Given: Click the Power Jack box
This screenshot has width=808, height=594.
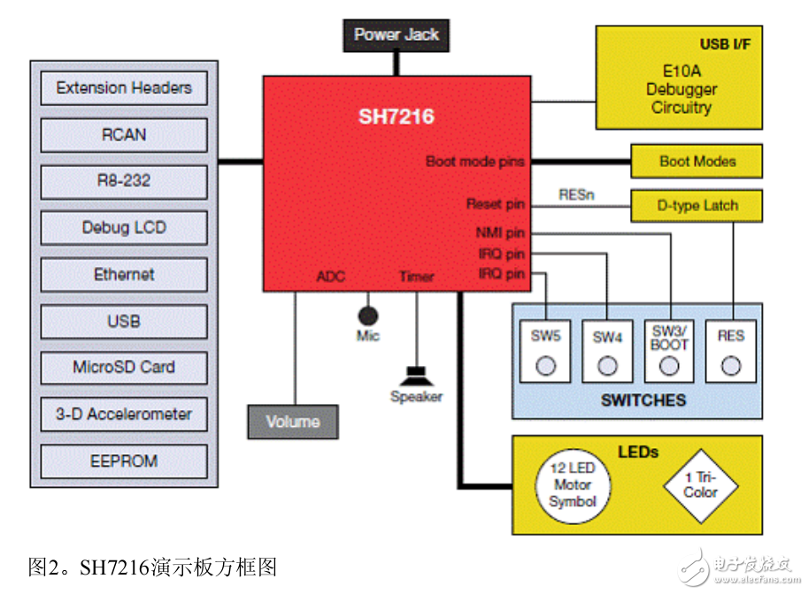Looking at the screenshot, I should (396, 35).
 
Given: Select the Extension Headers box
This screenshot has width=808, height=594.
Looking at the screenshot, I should (124, 88).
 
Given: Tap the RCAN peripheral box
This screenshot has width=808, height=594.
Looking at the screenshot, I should (124, 135).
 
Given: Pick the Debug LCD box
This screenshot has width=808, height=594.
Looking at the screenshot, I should (124, 228).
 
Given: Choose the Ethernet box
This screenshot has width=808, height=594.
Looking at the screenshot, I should (124, 275).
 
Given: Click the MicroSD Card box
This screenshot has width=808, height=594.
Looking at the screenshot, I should (124, 368).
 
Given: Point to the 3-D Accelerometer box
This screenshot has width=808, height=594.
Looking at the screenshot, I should (124, 415).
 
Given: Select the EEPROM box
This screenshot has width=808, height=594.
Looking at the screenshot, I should (124, 461).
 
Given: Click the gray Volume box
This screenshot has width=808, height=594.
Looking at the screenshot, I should (293, 422).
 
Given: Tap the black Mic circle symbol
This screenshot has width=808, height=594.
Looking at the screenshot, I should (367, 315).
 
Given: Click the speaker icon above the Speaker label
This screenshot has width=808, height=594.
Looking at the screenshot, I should (416, 374).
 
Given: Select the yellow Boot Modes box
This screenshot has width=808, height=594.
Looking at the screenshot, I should (697, 162).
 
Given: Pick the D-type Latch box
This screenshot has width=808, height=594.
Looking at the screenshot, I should (697, 206).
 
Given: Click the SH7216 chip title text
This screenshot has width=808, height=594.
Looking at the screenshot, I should (396, 117).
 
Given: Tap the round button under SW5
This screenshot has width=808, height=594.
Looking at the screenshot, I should (545, 365).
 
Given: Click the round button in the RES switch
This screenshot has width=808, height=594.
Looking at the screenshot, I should (731, 365).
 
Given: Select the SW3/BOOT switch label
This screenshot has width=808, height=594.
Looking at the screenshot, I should (669, 338).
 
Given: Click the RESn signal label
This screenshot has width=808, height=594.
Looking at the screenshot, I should (576, 194).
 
